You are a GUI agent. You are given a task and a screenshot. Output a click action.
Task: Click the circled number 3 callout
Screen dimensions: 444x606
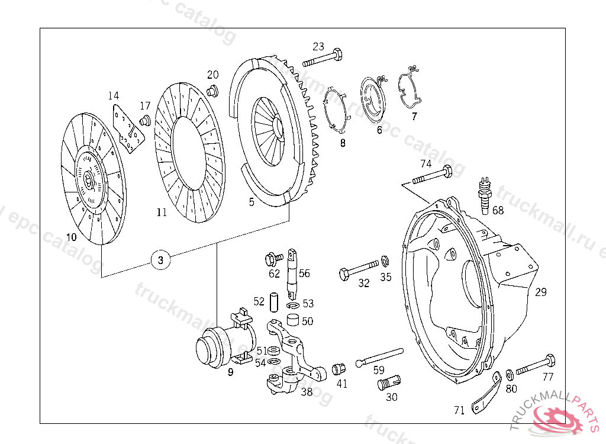tap(161, 259)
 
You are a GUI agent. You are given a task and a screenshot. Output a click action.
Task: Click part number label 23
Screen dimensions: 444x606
tap(318, 46)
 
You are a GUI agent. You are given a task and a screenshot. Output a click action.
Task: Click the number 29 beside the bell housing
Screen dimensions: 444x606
tap(541, 292)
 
